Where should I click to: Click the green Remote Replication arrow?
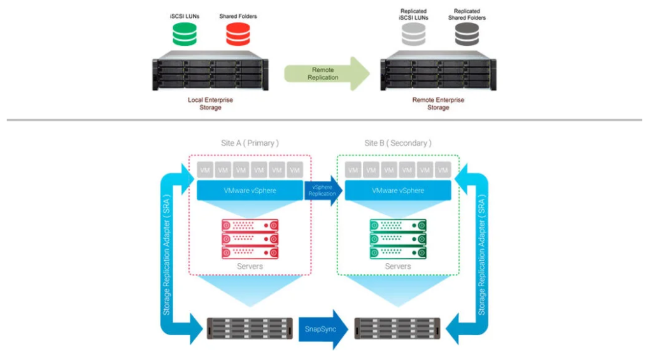[x=326, y=73]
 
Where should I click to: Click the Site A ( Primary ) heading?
[x=250, y=143]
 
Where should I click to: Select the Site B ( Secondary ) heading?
[x=397, y=143]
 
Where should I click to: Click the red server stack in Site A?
[x=250, y=239]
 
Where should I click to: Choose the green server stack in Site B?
[x=398, y=239]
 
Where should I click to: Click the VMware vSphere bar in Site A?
[x=250, y=191]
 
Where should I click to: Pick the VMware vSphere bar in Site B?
[x=398, y=191]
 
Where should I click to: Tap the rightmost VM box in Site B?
[x=443, y=170]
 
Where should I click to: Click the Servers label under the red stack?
[x=250, y=266]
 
